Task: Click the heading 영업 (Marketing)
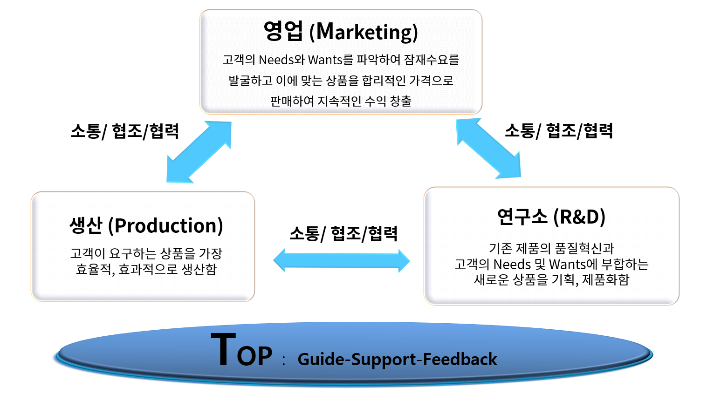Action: click(341, 32)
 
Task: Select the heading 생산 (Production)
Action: click(146, 225)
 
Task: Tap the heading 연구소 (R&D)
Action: click(551, 217)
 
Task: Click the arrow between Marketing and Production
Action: click(199, 152)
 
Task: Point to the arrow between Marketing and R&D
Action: click(488, 148)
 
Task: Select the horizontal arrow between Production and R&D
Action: click(342, 260)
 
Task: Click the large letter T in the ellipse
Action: click(223, 349)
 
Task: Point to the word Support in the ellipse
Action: click(384, 360)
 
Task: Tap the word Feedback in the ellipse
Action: click(460, 359)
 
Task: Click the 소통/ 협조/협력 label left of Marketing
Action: click(125, 131)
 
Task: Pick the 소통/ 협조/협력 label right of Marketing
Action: click(559, 130)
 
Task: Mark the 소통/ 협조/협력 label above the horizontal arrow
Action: click(343, 233)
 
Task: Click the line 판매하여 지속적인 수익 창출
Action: click(341, 101)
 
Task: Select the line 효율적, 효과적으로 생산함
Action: click(146, 269)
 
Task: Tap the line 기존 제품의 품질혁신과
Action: click(551, 248)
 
